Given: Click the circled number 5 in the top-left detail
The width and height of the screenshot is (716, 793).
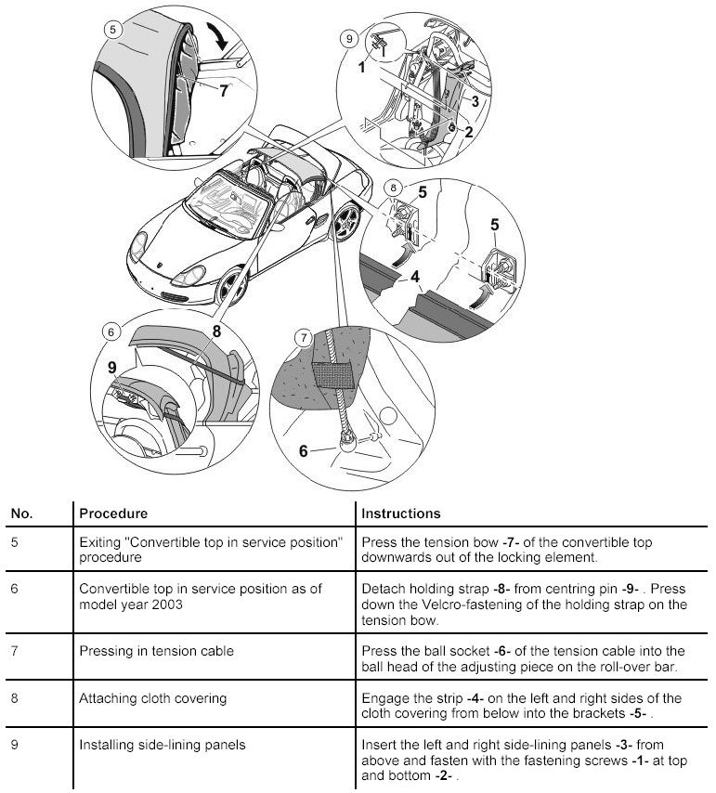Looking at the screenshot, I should tap(113, 29).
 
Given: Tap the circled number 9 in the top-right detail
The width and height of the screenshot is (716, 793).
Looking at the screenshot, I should tap(349, 38).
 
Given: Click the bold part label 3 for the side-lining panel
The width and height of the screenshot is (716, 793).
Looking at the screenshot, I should tap(474, 100).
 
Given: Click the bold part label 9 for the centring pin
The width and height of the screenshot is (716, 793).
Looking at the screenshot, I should tap(112, 368).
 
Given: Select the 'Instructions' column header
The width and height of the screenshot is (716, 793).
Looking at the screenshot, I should tap(400, 513).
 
